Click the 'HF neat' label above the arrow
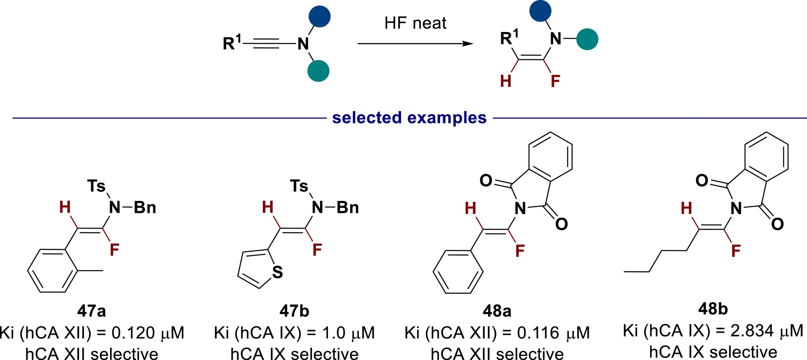415,23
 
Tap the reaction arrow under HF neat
415,43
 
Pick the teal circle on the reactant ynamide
318,71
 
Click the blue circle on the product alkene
540,11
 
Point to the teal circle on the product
587,39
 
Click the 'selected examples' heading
409,118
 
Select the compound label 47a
91,311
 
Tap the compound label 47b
294,311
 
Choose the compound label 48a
497,311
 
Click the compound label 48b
713,309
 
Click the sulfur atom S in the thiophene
277,272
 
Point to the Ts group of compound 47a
96,186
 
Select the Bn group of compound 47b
348,208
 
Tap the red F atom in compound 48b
736,251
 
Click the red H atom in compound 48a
470,208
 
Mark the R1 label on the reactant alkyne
232,42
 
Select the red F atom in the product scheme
555,81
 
